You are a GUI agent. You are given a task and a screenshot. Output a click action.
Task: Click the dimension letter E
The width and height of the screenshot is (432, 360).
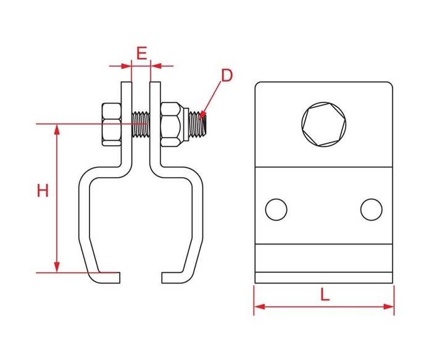[x=141, y=53]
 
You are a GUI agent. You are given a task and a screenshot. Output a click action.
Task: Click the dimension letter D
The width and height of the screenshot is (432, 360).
[x=227, y=75]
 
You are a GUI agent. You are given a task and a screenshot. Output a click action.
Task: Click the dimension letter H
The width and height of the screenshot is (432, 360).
[x=43, y=190]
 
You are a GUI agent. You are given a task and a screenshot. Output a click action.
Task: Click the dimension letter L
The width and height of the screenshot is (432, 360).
[x=325, y=294]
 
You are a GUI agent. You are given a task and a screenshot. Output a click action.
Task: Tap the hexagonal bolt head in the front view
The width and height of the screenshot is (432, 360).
[x=324, y=124]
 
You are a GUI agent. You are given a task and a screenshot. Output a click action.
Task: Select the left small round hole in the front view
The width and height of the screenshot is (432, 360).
[x=276, y=209]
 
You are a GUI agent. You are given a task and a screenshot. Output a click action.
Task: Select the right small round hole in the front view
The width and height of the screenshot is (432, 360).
[x=372, y=209]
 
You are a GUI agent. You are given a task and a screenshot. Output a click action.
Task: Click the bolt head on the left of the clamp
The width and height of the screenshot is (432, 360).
[x=112, y=124]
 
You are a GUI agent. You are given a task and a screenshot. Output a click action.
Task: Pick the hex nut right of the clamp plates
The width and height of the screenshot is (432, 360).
[x=172, y=124]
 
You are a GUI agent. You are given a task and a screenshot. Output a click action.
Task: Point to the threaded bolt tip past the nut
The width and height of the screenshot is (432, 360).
[x=197, y=123]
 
